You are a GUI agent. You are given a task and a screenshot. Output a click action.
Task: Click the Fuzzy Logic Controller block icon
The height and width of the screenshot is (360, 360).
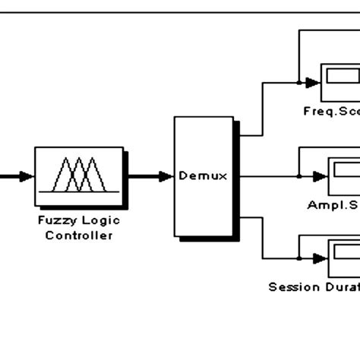tap(79, 177)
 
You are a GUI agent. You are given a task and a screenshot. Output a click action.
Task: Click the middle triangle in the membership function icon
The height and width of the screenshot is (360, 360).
tap(80, 175)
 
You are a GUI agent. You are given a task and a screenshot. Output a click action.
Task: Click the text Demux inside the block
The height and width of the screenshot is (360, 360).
tap(199, 176)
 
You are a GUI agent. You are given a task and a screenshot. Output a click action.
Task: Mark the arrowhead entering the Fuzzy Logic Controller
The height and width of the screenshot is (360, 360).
tap(27, 177)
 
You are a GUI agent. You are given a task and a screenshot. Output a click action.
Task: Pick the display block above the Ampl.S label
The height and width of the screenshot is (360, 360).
tap(343, 175)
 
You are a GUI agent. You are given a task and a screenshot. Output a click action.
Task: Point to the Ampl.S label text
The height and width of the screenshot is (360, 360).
tap(333, 205)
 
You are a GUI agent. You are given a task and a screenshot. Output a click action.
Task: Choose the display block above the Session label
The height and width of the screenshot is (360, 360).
tap(343, 258)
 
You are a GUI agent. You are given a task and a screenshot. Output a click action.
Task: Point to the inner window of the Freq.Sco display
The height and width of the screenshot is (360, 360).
tap(343, 75)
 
